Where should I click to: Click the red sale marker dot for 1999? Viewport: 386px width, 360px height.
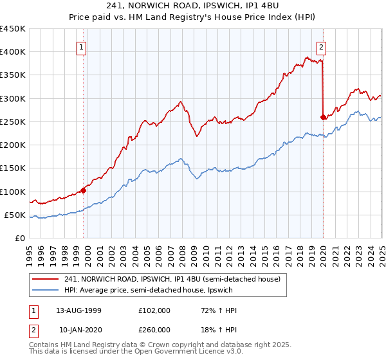[84, 190]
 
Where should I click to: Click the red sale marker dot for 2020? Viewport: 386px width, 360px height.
[323, 117]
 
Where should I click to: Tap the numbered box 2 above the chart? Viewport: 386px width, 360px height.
[320, 46]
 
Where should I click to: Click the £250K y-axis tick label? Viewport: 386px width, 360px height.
[13, 122]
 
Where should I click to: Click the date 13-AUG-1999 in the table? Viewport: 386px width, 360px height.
[78, 310]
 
